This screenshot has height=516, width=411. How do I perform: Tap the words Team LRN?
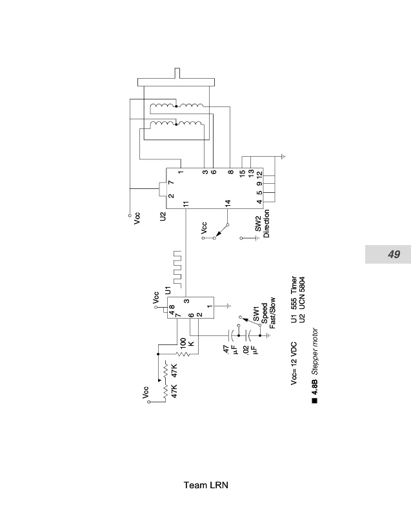(x=206, y=485)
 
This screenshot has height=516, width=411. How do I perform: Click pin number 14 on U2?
(x=228, y=204)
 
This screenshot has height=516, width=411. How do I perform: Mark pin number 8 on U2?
(x=230, y=172)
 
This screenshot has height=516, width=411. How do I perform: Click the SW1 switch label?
(x=256, y=314)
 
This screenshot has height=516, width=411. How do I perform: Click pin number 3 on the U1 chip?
(x=186, y=301)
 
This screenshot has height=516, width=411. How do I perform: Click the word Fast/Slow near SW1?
(x=272, y=313)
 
